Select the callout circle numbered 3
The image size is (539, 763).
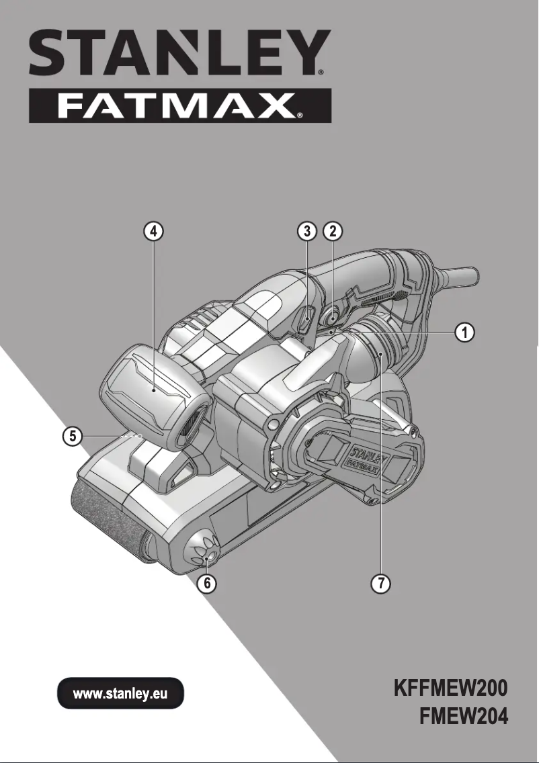tap(306, 232)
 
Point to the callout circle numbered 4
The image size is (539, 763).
tap(154, 232)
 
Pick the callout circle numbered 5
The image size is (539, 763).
tap(72, 437)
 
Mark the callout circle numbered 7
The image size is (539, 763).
tap(380, 583)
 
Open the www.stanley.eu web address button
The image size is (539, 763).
tap(120, 693)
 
